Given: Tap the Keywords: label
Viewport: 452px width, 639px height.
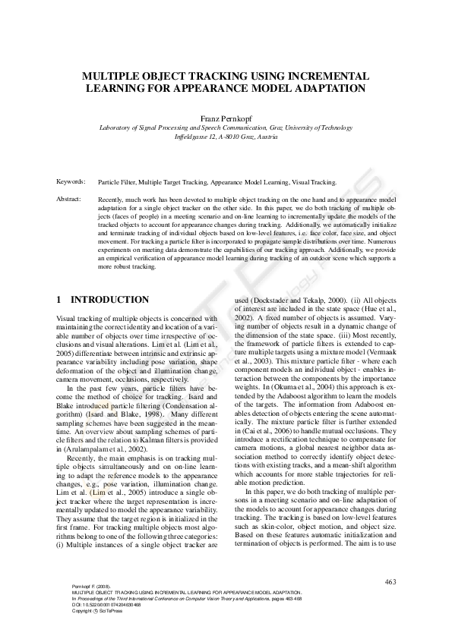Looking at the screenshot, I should (x=71, y=182).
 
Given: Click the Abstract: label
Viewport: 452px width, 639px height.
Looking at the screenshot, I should (x=71, y=198).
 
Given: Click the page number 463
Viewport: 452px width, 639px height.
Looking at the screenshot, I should (x=391, y=582).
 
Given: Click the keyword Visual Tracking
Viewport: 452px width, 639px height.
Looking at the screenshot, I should (x=314, y=182).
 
